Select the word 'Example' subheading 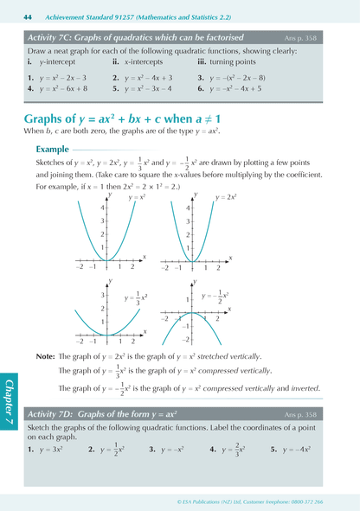click(54, 149)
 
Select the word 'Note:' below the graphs click(45, 355)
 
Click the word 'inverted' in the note click(303, 387)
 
